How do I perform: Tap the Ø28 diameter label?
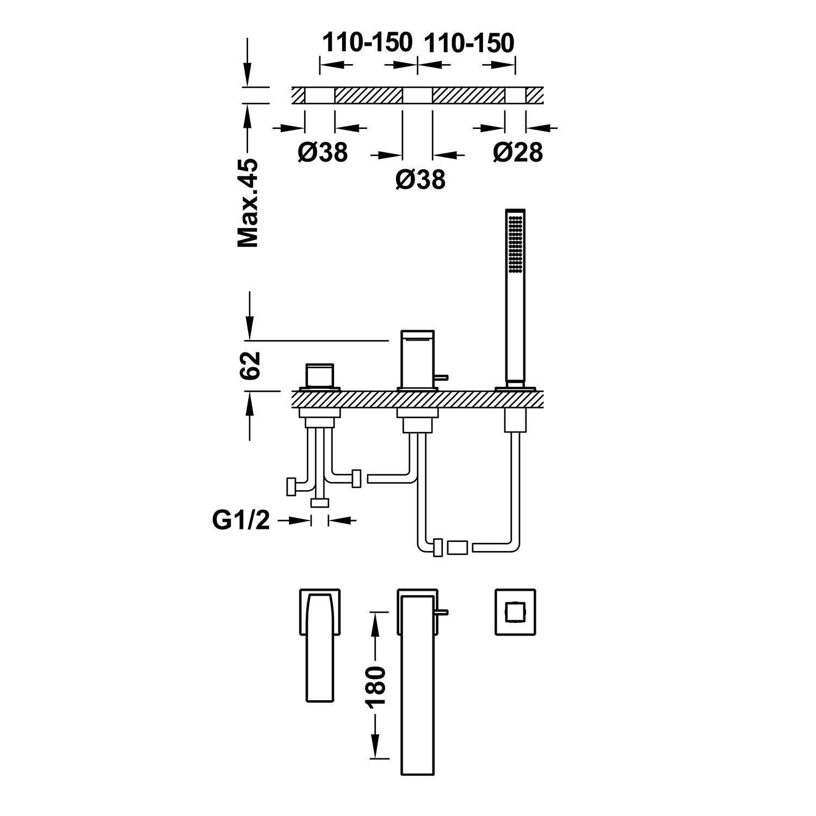pyautogui.click(x=518, y=153)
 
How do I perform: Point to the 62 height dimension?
pyautogui.click(x=250, y=365)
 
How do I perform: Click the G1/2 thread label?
pyautogui.click(x=241, y=521)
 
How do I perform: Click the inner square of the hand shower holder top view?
pyautogui.click(x=515, y=612)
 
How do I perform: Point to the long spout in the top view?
pyautogui.click(x=418, y=685)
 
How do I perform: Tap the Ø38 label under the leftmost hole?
pyautogui.click(x=322, y=153)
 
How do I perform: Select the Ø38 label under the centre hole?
pyautogui.click(x=420, y=180)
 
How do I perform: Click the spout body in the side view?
pyautogui.click(x=418, y=359)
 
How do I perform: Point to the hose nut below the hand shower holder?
pyautogui.click(x=515, y=422)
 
